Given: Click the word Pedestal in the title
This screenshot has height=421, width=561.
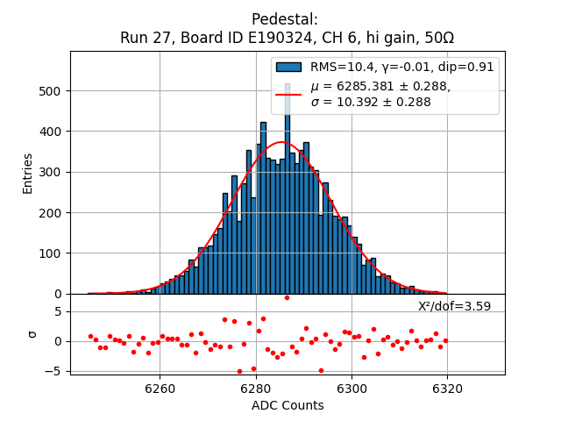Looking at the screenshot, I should tap(284, 19).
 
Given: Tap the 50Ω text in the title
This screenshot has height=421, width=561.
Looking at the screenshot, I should tap(435, 39).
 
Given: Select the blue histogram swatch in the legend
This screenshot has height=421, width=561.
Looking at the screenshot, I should tap(288, 67).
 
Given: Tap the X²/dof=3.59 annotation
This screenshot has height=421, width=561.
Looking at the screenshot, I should tap(454, 306).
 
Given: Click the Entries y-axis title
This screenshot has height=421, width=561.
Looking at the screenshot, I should tap(28, 173).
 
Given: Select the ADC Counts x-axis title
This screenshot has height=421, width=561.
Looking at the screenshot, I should tap(288, 405).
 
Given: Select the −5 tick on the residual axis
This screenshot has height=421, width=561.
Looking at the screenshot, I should tap(55, 371).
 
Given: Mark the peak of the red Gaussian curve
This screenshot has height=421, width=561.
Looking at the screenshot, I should tap(282, 142).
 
